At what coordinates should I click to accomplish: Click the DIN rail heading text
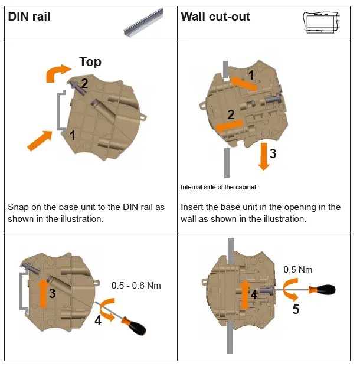point(29,17)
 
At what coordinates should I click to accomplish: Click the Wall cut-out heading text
point(215,17)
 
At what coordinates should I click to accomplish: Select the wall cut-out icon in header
point(321,22)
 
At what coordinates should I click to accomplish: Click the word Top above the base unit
point(90,62)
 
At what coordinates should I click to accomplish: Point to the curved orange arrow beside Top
point(58,73)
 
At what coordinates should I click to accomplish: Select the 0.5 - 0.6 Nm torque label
point(136,286)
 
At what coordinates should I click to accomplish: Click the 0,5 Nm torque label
point(298,270)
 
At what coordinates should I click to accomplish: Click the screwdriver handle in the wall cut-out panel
point(324,290)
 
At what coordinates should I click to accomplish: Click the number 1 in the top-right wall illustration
point(251,76)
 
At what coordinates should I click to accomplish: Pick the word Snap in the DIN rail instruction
point(18,207)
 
